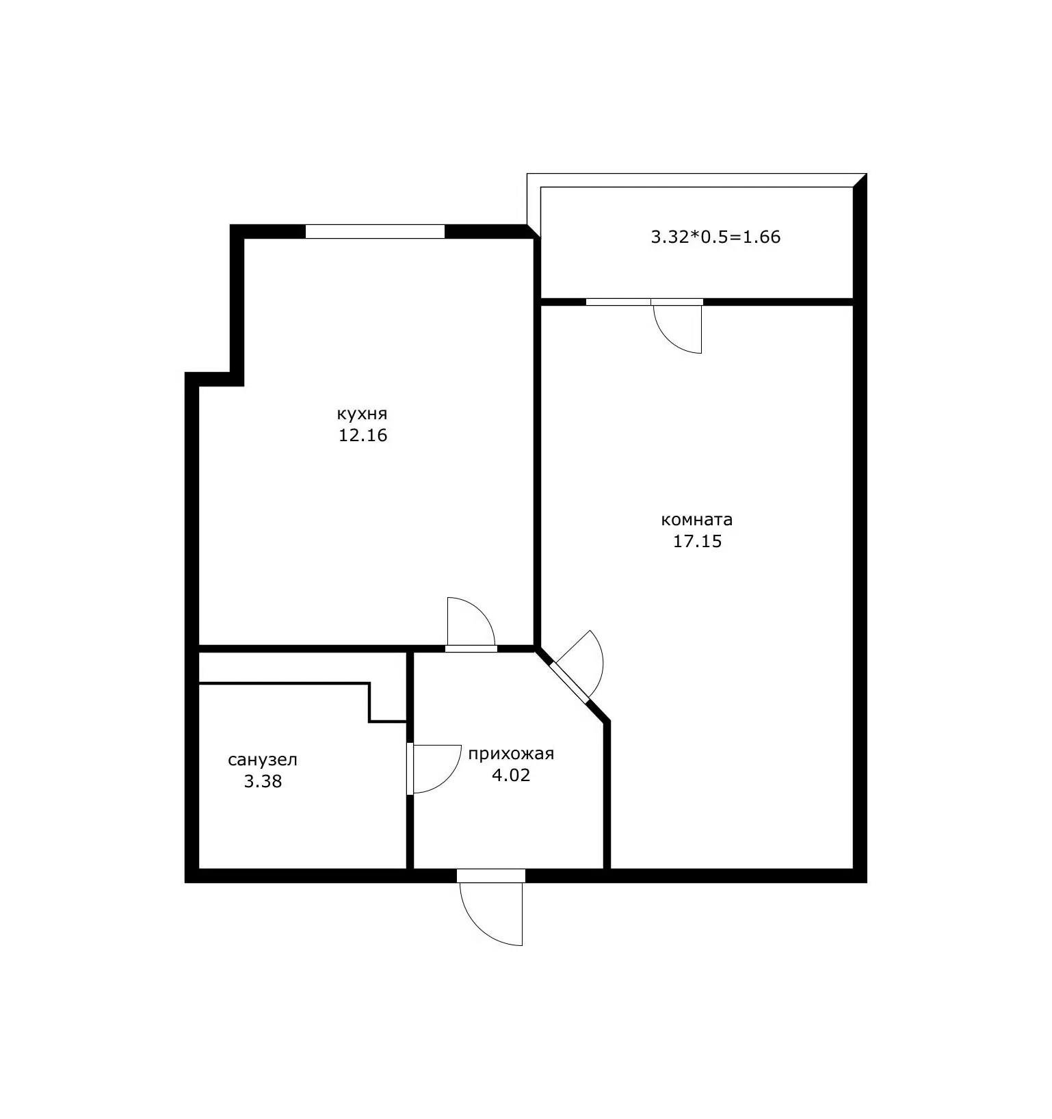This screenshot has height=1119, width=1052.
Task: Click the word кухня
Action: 362,414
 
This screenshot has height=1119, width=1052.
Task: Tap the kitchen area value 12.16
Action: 363,435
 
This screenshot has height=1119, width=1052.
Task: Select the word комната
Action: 696,520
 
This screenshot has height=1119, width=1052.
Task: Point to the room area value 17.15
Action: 698,542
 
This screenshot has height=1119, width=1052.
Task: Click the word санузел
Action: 263,760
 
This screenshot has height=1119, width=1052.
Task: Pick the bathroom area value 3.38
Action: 263,781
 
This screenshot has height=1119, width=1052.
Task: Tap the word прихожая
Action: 511,754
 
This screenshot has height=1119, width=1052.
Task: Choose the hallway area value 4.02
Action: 511,775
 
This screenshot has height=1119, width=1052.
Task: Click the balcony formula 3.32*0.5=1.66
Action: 715,237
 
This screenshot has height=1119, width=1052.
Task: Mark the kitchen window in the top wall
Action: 375,231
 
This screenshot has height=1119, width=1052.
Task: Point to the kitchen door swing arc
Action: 482,611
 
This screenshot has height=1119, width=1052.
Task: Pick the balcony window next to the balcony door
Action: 618,302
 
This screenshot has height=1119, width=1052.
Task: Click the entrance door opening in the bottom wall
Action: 491,876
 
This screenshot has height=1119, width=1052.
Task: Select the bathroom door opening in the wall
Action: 410,769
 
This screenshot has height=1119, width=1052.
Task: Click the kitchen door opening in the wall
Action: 471,648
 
